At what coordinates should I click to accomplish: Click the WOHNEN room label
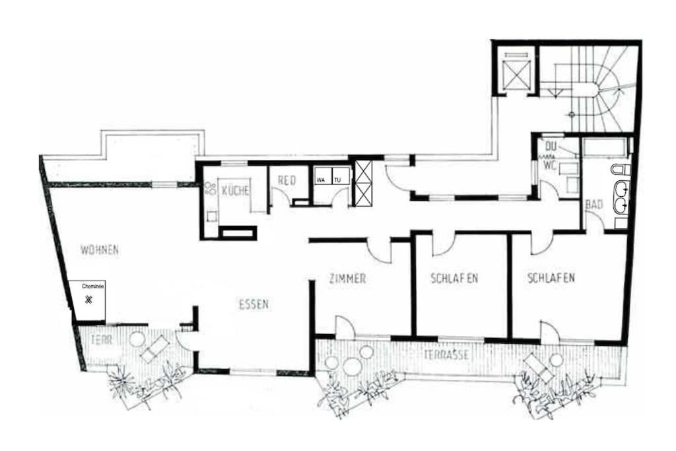tap(99, 250)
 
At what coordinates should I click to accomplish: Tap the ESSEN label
tap(253, 304)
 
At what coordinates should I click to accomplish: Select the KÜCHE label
tap(236, 191)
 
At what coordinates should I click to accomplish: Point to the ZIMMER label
tap(347, 279)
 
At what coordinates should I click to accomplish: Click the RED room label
tap(286, 180)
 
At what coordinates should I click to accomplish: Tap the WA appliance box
tap(321, 179)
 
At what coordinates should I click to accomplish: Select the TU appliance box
tap(340, 179)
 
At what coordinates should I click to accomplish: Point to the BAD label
tap(594, 205)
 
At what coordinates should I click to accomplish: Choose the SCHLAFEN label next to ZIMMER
tap(454, 278)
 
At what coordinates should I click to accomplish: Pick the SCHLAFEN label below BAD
tap(551, 278)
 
